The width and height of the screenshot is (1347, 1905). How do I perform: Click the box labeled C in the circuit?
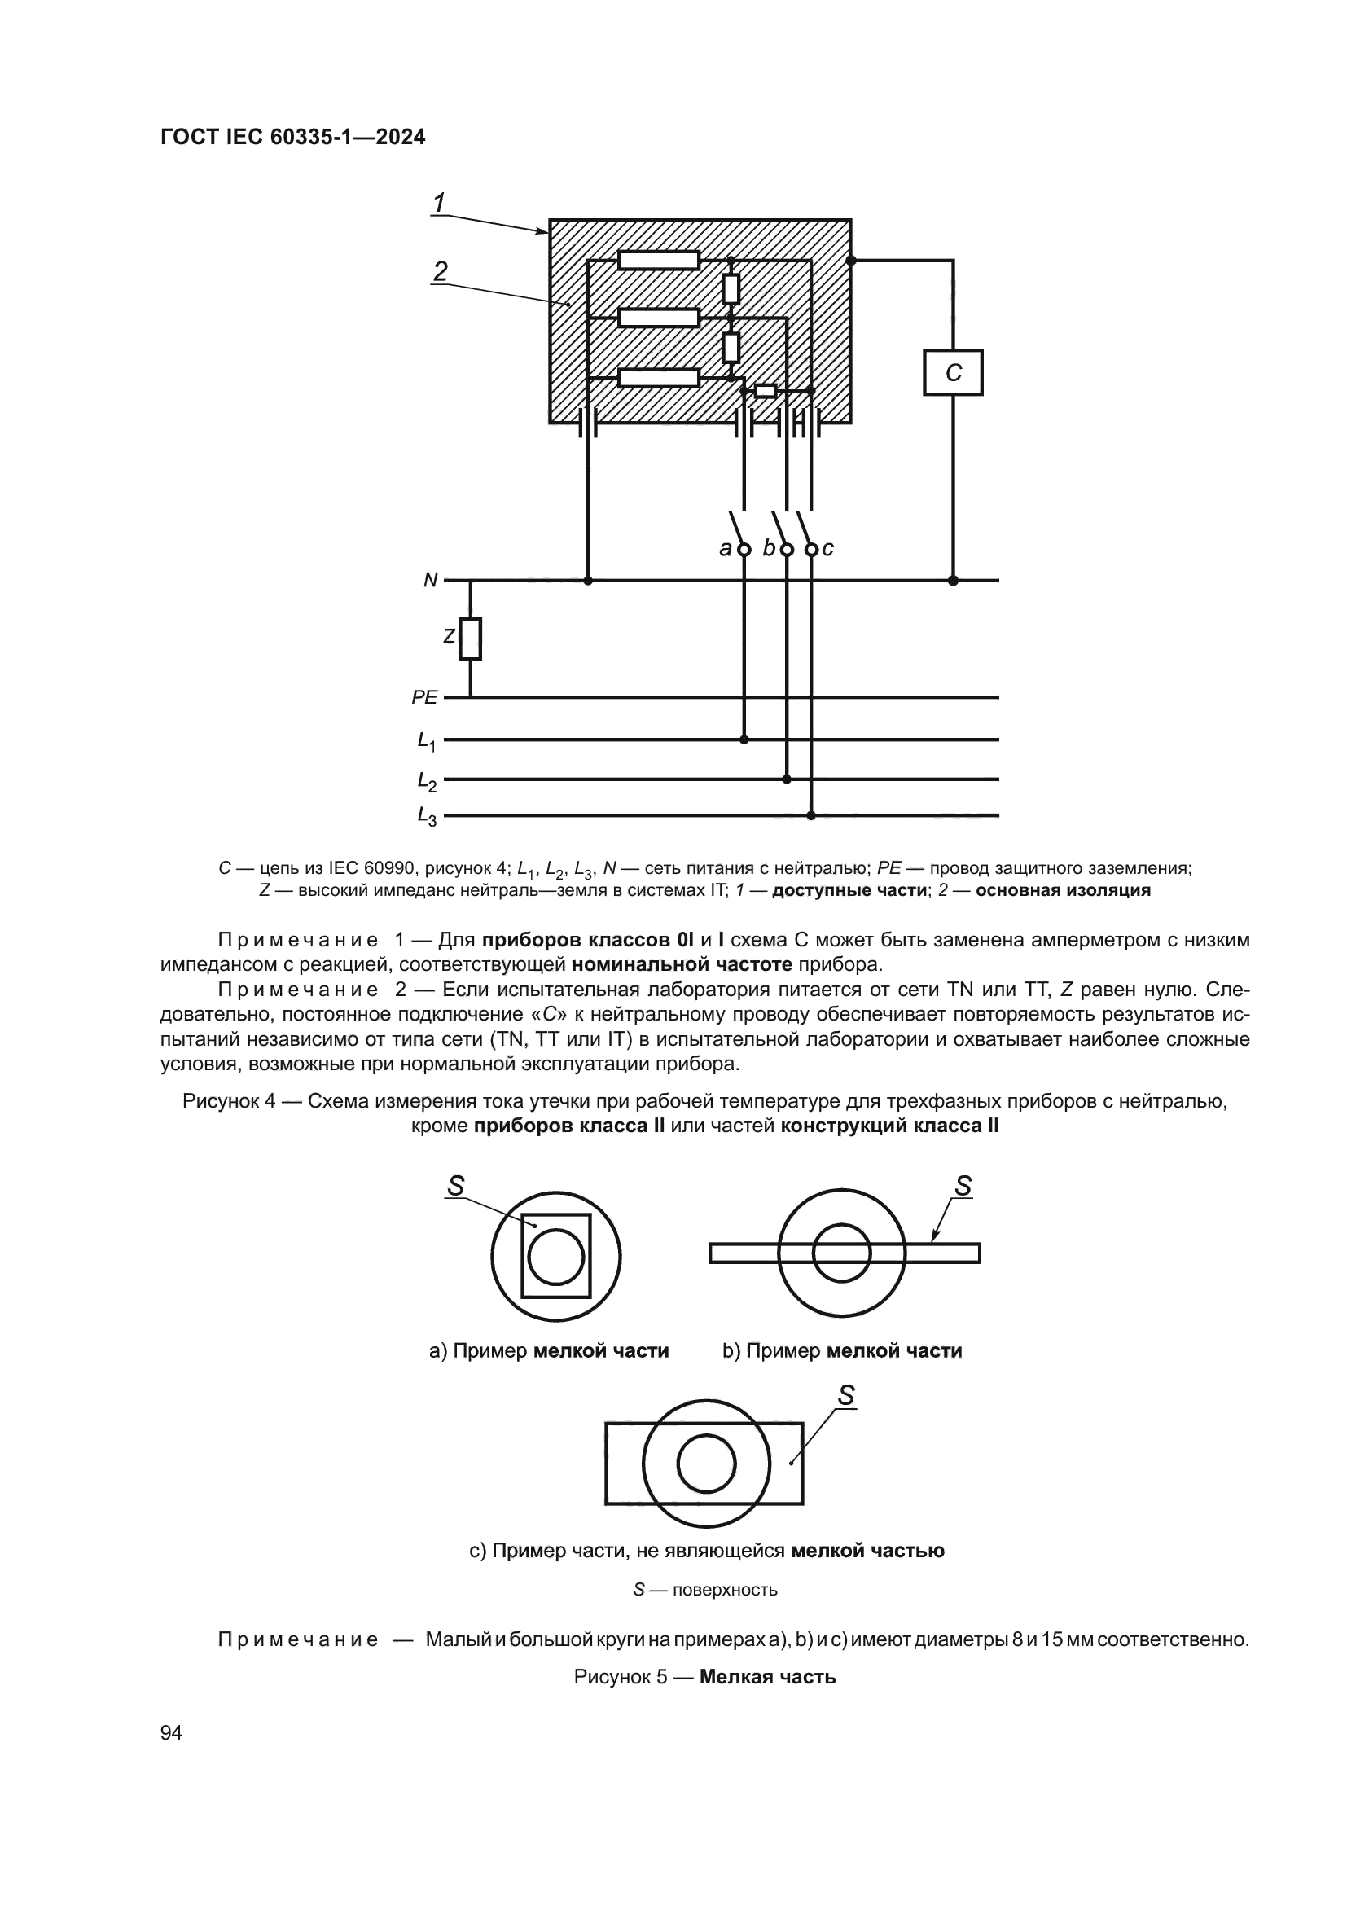953,372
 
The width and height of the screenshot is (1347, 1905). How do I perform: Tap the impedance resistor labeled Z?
470,638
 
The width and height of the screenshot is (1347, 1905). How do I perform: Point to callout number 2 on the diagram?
441,270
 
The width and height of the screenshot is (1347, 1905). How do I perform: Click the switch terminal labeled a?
744,549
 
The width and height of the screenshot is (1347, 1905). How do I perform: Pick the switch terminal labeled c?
812,549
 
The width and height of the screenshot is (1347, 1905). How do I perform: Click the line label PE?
423,698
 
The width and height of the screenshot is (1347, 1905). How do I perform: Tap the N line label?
431,581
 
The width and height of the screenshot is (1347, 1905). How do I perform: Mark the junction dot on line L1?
744,740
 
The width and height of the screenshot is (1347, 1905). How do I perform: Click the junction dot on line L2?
787,779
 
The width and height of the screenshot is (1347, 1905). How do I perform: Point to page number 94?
171,1732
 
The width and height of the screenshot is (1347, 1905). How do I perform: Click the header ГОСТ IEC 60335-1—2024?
293,138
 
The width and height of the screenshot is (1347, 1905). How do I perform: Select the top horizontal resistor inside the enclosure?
659,261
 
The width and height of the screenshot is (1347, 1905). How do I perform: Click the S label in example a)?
455,1187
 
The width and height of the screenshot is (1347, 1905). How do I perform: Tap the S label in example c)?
845,1397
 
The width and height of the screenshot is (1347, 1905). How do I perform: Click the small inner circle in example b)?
841,1253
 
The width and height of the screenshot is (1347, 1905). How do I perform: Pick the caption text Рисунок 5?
621,1677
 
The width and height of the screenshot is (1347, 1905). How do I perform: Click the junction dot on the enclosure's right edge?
851,261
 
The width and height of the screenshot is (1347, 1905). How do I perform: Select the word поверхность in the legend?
725,1590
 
